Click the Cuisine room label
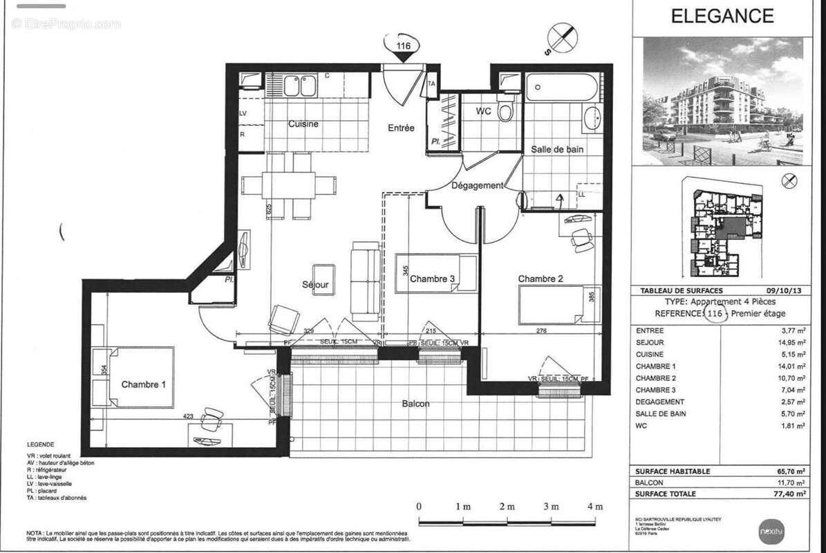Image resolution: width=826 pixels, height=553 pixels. (303, 124)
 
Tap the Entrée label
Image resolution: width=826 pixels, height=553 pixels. (401, 128)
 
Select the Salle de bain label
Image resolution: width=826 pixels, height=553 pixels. (556, 149)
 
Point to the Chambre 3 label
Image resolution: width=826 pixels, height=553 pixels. (432, 279)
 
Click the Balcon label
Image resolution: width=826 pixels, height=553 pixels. (417, 404)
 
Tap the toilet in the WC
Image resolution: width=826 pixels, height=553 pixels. (506, 111)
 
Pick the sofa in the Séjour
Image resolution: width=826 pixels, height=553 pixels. (366, 281)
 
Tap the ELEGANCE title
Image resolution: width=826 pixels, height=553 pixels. (722, 16)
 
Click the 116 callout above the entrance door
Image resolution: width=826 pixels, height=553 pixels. (403, 46)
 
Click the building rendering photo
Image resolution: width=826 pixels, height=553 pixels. (723, 101)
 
